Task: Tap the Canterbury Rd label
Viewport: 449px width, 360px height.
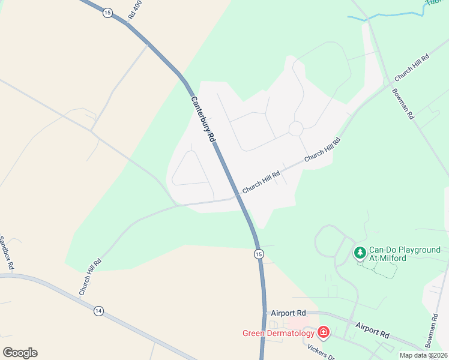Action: coord(203,119)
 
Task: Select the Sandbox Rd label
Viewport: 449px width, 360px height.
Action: coord(7,252)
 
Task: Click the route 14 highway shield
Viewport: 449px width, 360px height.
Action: coord(98,310)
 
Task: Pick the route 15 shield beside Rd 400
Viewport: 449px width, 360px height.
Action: coord(107,13)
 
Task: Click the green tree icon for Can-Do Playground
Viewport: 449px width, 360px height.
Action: coord(360,253)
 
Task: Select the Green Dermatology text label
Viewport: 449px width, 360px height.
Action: coord(279,333)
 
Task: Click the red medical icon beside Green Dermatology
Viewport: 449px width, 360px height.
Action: coord(324,332)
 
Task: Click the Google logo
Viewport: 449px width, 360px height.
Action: coord(20,353)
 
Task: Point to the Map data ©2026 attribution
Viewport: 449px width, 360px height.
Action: coord(424,355)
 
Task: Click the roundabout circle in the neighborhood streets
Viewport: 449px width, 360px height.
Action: coord(295,128)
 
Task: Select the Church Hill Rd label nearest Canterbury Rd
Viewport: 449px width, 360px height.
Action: coord(261,182)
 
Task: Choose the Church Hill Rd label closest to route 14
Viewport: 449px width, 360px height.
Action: coord(90,277)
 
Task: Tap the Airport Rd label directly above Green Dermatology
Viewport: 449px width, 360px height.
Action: coord(288,313)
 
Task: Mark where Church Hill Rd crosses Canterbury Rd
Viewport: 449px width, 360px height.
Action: coord(238,196)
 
